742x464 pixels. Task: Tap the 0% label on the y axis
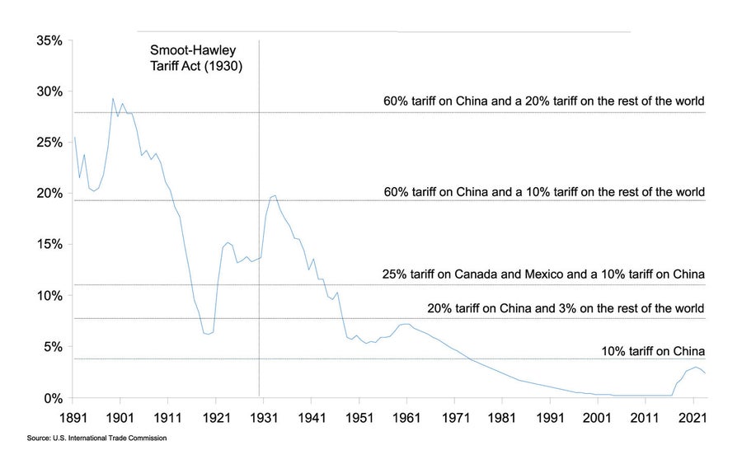[x=52, y=398]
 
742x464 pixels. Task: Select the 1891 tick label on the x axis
[x=73, y=418]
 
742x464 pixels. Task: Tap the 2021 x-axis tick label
[x=693, y=418]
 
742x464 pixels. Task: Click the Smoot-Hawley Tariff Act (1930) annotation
[x=196, y=59]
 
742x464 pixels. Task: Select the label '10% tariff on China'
[x=653, y=351]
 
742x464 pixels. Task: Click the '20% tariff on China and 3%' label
[x=566, y=309]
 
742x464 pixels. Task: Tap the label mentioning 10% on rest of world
[x=544, y=193]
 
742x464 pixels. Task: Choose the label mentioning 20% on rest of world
[x=544, y=102]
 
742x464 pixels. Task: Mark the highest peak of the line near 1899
[x=113, y=99]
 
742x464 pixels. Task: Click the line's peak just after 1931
[x=275, y=195]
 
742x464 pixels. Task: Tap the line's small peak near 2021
[x=696, y=367]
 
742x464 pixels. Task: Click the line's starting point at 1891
[x=74, y=138]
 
